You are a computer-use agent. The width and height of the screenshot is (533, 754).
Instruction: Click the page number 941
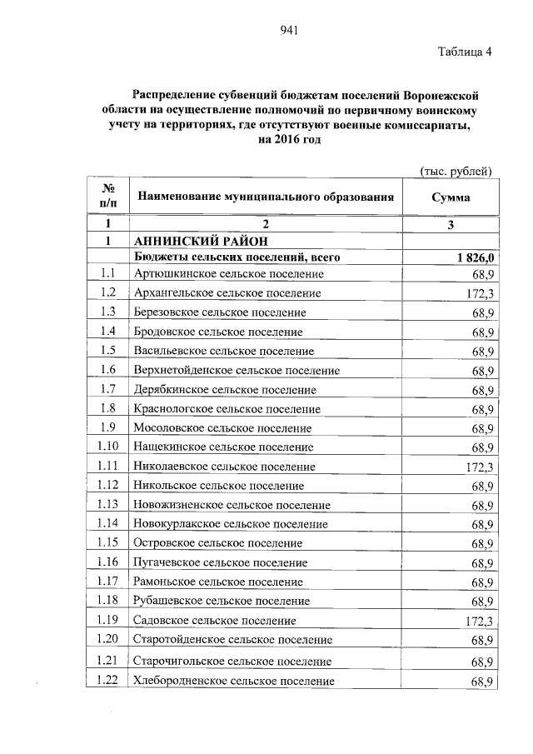click(x=289, y=31)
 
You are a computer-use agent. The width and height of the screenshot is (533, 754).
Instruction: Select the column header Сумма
click(x=451, y=197)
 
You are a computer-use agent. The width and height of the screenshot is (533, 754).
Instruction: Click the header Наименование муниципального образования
click(x=265, y=197)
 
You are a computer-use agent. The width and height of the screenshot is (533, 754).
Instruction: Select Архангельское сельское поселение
click(x=227, y=293)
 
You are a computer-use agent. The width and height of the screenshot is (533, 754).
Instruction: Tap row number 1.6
click(x=107, y=370)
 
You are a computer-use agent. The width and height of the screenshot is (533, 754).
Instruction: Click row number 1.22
click(x=107, y=681)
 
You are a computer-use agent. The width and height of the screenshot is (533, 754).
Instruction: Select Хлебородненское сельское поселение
click(x=233, y=682)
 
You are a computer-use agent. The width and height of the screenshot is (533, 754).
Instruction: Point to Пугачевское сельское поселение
click(x=220, y=563)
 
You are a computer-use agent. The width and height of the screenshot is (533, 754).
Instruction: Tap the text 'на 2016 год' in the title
click(x=289, y=140)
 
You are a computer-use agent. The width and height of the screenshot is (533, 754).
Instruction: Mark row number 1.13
click(x=107, y=505)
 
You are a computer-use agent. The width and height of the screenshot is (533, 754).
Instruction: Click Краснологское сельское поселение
click(x=227, y=410)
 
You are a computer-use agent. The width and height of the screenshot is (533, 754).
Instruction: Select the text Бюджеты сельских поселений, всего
click(x=237, y=257)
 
